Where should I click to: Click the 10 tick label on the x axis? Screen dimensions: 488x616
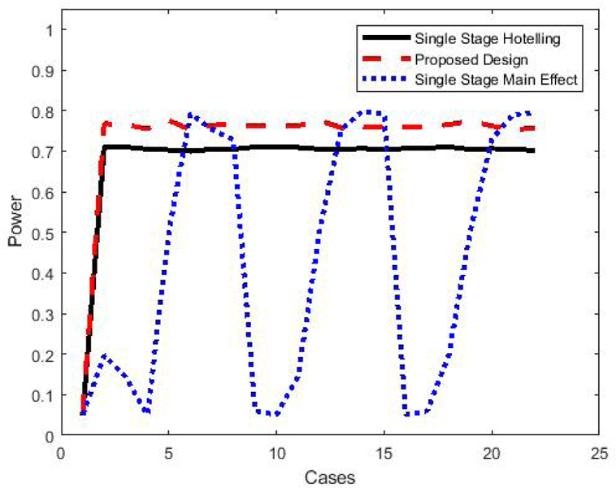(x=275, y=452)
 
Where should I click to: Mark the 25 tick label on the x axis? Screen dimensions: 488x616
(x=600, y=452)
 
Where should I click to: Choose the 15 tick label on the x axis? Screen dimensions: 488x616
(x=384, y=452)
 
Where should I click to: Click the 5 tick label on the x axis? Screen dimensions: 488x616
(x=168, y=452)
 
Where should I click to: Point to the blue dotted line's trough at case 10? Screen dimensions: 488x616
(x=275, y=414)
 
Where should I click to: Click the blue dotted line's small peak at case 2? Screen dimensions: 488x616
(x=103, y=355)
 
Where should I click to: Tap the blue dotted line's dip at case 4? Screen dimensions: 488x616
(x=146, y=412)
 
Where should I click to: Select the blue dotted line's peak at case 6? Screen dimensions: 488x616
(x=190, y=115)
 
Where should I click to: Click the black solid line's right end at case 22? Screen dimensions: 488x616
(x=534, y=150)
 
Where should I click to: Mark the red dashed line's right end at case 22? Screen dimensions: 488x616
(x=534, y=129)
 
